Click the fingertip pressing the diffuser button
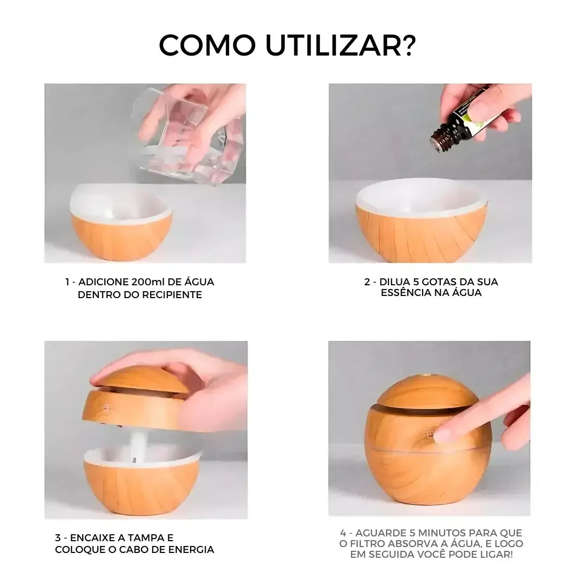(x=443, y=433)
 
